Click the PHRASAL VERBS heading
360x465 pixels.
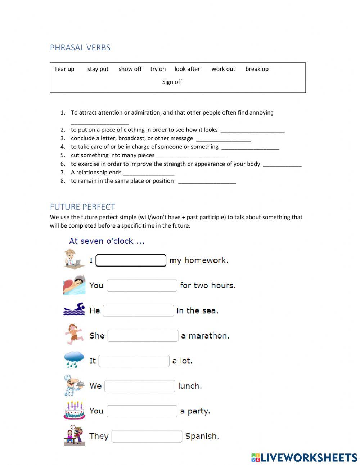pyautogui.click(x=80, y=48)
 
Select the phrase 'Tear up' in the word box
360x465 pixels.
pyautogui.click(x=64, y=69)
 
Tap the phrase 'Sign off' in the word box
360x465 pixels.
pyautogui.click(x=172, y=82)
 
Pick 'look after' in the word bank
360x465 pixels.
pyautogui.click(x=187, y=69)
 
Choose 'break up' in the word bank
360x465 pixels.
pyautogui.click(x=257, y=69)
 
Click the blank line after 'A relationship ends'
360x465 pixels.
pyautogui.click(x=148, y=173)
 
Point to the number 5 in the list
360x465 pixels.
pyautogui.click(x=63, y=155)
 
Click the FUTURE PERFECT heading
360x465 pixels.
pyautogui.click(x=82, y=207)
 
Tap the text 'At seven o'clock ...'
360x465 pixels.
pyautogui.click(x=107, y=241)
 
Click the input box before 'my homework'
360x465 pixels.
pyautogui.click(x=131, y=260)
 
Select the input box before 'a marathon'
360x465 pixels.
pyautogui.click(x=143, y=336)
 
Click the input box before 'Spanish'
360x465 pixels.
pyautogui.click(x=147, y=436)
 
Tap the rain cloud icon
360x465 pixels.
pyautogui.click(x=74, y=360)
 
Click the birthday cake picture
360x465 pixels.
pyautogui.click(x=74, y=410)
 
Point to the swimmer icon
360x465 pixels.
pyautogui.click(x=74, y=309)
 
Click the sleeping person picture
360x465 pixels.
pyautogui.click(x=74, y=285)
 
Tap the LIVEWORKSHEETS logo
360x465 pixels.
pyautogui.click(x=304, y=457)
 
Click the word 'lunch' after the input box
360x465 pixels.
pyautogui.click(x=189, y=386)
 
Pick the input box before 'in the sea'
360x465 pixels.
pyautogui.click(x=138, y=311)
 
